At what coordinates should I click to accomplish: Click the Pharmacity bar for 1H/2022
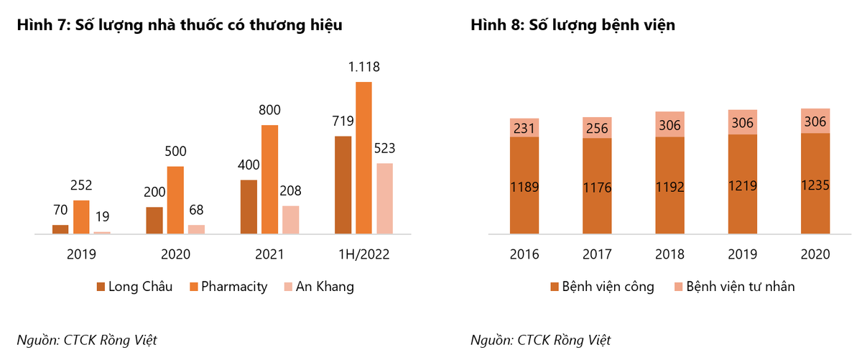pyautogui.click(x=363, y=158)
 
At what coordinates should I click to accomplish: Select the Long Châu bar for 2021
pyautogui.click(x=249, y=207)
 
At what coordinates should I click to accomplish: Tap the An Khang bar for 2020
pyautogui.click(x=196, y=229)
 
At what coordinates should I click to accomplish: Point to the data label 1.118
pyautogui.click(x=363, y=67)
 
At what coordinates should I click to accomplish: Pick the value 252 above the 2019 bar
pyautogui.click(x=81, y=185)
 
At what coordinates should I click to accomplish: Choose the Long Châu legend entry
pyautogui.click(x=135, y=287)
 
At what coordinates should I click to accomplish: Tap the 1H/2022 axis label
pyautogui.click(x=363, y=254)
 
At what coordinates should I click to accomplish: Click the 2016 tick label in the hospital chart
pyautogui.click(x=524, y=254)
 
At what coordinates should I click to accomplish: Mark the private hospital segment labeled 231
pyautogui.click(x=524, y=127)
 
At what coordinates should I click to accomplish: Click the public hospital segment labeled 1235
pyautogui.click(x=815, y=185)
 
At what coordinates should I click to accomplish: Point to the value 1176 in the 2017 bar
pyautogui.click(x=597, y=187)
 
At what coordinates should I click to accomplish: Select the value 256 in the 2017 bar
pyautogui.click(x=597, y=128)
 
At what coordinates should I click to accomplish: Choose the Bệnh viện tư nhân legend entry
pyautogui.click(x=733, y=287)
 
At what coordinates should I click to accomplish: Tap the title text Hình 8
pyautogui.click(x=573, y=25)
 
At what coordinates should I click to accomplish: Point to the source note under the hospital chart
pyautogui.click(x=541, y=340)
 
